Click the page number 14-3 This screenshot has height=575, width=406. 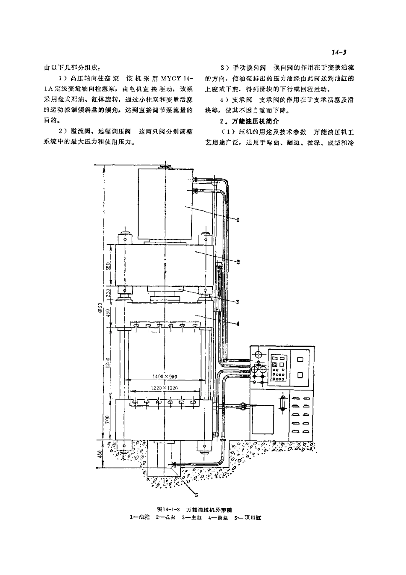(x=338, y=53)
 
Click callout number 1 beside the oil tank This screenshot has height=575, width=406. (x=238, y=219)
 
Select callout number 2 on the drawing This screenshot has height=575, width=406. (x=238, y=262)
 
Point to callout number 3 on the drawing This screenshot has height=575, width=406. (x=238, y=302)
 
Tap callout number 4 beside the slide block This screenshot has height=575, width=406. (x=238, y=324)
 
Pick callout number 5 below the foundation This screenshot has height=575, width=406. (x=197, y=495)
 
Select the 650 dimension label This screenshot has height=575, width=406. (x=109, y=266)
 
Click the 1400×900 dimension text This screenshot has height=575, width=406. (x=165, y=376)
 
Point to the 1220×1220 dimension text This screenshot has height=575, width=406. (x=165, y=388)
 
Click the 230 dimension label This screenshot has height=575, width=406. (x=109, y=293)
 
